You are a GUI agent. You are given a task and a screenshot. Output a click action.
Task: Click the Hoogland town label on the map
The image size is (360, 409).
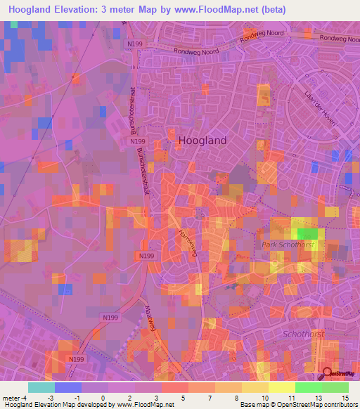pyautogui.click(x=202, y=140)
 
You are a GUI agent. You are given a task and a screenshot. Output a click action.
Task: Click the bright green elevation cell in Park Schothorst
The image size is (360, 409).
pyautogui.click(x=307, y=234)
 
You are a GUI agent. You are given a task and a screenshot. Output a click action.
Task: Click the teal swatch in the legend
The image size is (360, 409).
pyautogui.click(x=41, y=387)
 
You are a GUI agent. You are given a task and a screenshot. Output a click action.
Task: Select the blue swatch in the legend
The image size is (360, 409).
pyautogui.click(x=67, y=387)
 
